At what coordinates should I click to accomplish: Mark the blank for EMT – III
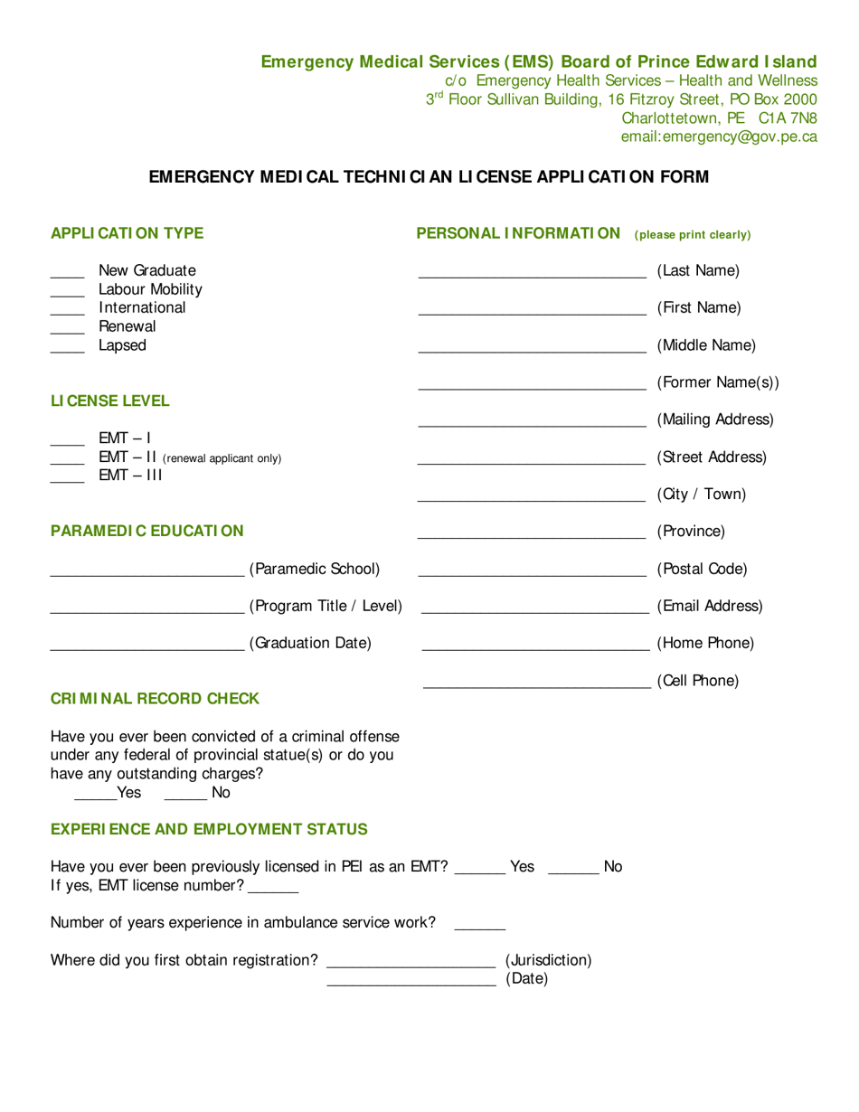point(66,480)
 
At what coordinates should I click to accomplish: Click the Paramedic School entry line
point(146,575)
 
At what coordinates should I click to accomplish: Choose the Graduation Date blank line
point(146,650)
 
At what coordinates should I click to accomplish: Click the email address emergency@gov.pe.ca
point(719,137)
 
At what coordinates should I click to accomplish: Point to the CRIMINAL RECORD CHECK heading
point(155,699)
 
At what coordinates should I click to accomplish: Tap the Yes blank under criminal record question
point(95,799)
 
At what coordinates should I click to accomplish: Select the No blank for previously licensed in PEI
point(573,872)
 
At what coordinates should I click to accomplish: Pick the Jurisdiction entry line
point(411,966)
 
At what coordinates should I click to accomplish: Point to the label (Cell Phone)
point(698,680)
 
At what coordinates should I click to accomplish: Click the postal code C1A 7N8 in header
point(788,118)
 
